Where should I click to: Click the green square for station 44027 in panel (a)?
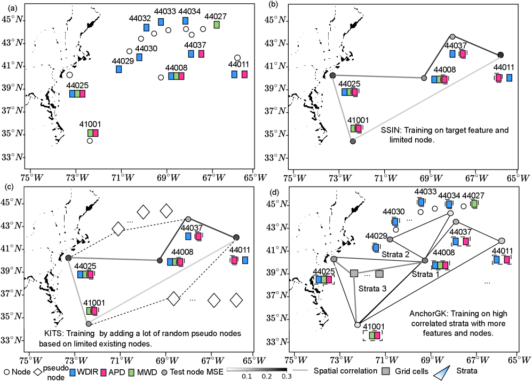tap(217, 25)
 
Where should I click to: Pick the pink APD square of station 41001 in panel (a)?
tap(96, 133)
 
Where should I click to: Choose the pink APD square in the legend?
tap(107, 369)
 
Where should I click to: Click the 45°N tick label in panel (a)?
tap(15, 20)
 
